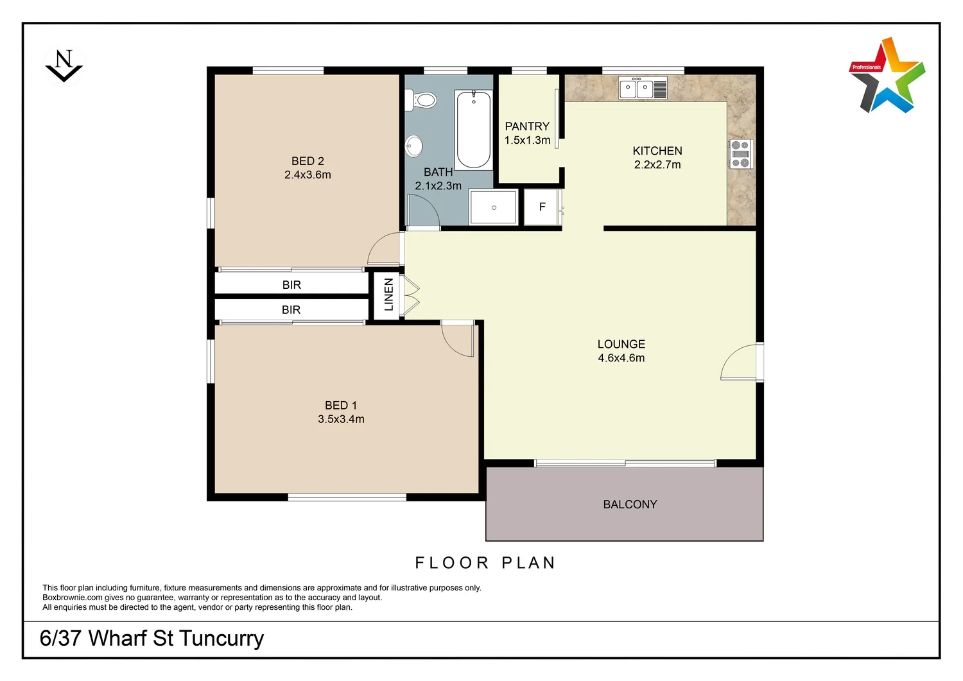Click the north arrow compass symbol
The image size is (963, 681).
click(x=64, y=66)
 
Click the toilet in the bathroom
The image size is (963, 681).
click(x=421, y=100)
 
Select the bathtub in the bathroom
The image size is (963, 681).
click(x=474, y=130)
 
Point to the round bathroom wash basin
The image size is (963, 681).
click(x=414, y=146)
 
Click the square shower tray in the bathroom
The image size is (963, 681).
click(x=493, y=207)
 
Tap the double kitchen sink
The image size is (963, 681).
click(x=643, y=88)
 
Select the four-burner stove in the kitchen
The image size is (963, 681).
click(x=740, y=154)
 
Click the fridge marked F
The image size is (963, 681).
click(x=542, y=207)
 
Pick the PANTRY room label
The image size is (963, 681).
click(x=527, y=126)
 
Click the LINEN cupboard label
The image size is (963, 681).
click(x=388, y=295)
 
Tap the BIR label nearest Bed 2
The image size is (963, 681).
click(x=291, y=284)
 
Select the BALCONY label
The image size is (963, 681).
click(x=630, y=504)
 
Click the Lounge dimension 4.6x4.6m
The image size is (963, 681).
click(x=621, y=358)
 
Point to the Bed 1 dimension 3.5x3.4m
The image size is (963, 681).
click(x=341, y=419)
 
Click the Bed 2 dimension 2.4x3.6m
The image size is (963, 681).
click(x=308, y=175)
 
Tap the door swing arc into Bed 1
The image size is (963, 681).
click(x=456, y=340)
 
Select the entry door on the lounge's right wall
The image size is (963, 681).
click(x=742, y=363)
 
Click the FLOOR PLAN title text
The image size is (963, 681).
click(x=485, y=563)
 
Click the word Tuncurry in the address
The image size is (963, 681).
click(x=221, y=639)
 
